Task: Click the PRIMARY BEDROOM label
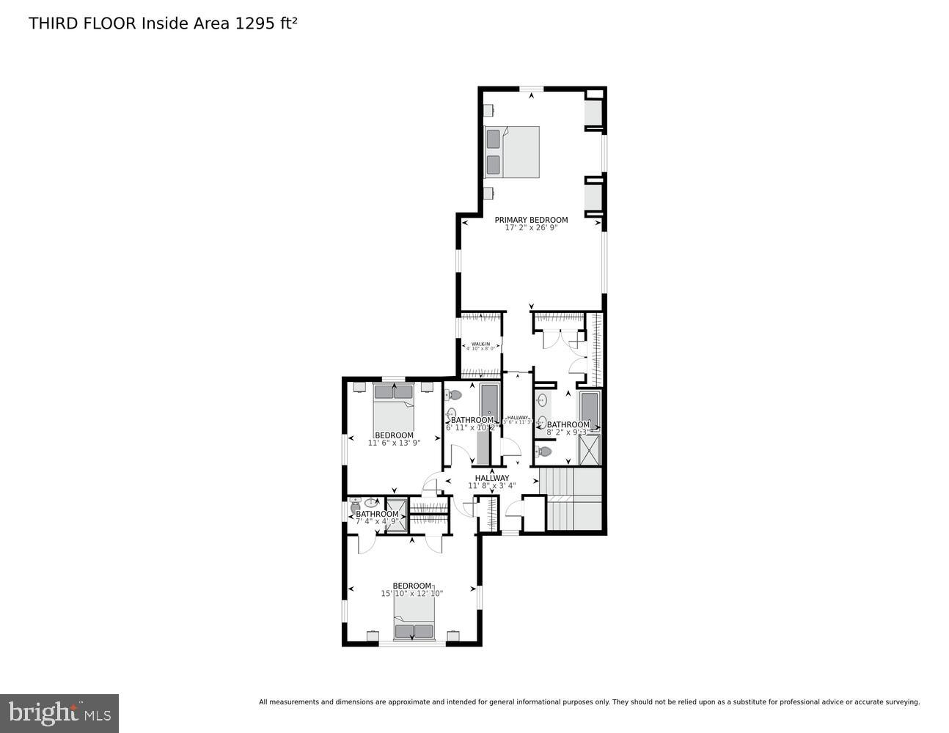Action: (x=531, y=220)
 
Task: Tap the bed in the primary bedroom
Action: (x=512, y=152)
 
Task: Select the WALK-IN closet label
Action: (x=480, y=344)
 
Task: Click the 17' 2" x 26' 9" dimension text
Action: (x=531, y=228)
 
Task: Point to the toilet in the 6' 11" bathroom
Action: (x=452, y=396)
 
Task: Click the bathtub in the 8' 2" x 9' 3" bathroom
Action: (x=590, y=410)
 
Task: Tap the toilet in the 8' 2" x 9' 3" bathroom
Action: (x=543, y=451)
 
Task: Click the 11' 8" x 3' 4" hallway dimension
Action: (x=491, y=485)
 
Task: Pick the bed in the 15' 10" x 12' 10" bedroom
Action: (x=414, y=620)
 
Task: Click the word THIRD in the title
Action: (x=53, y=23)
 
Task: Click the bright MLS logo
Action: (x=59, y=712)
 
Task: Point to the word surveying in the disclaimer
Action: (x=898, y=702)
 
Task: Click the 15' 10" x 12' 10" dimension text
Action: (x=411, y=594)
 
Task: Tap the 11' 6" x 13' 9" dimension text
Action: (x=394, y=443)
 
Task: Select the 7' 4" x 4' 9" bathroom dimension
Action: (x=377, y=522)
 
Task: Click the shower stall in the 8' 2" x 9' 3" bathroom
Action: (x=590, y=450)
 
